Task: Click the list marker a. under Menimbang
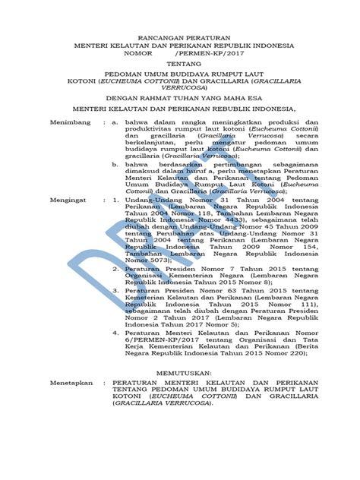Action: click(x=115, y=122)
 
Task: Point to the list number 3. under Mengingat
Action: click(x=115, y=289)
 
